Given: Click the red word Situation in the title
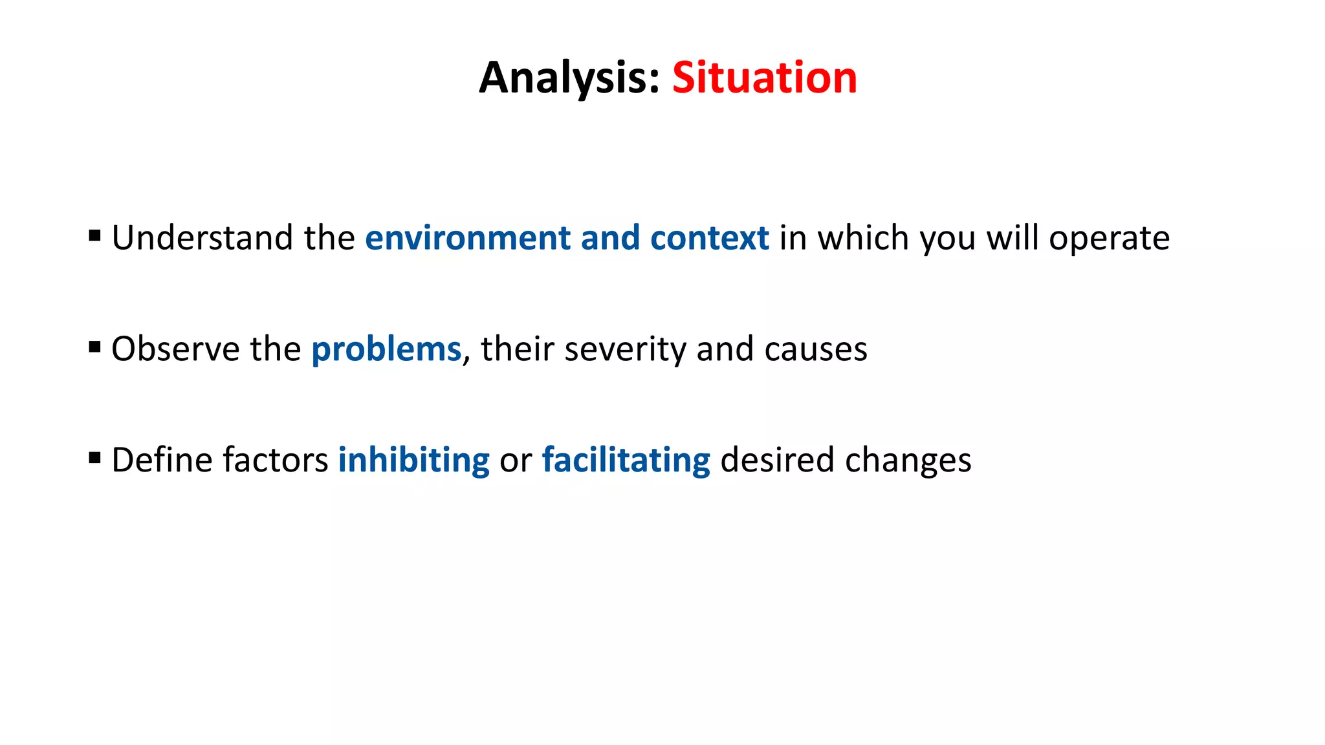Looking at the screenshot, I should (764, 78).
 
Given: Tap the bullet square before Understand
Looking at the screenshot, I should (95, 236).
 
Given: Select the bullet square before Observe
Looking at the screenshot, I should (95, 347).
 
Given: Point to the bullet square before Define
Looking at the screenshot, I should (95, 459).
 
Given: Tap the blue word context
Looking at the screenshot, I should (709, 238).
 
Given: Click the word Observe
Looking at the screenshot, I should (175, 349).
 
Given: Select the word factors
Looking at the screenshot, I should (276, 460).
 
